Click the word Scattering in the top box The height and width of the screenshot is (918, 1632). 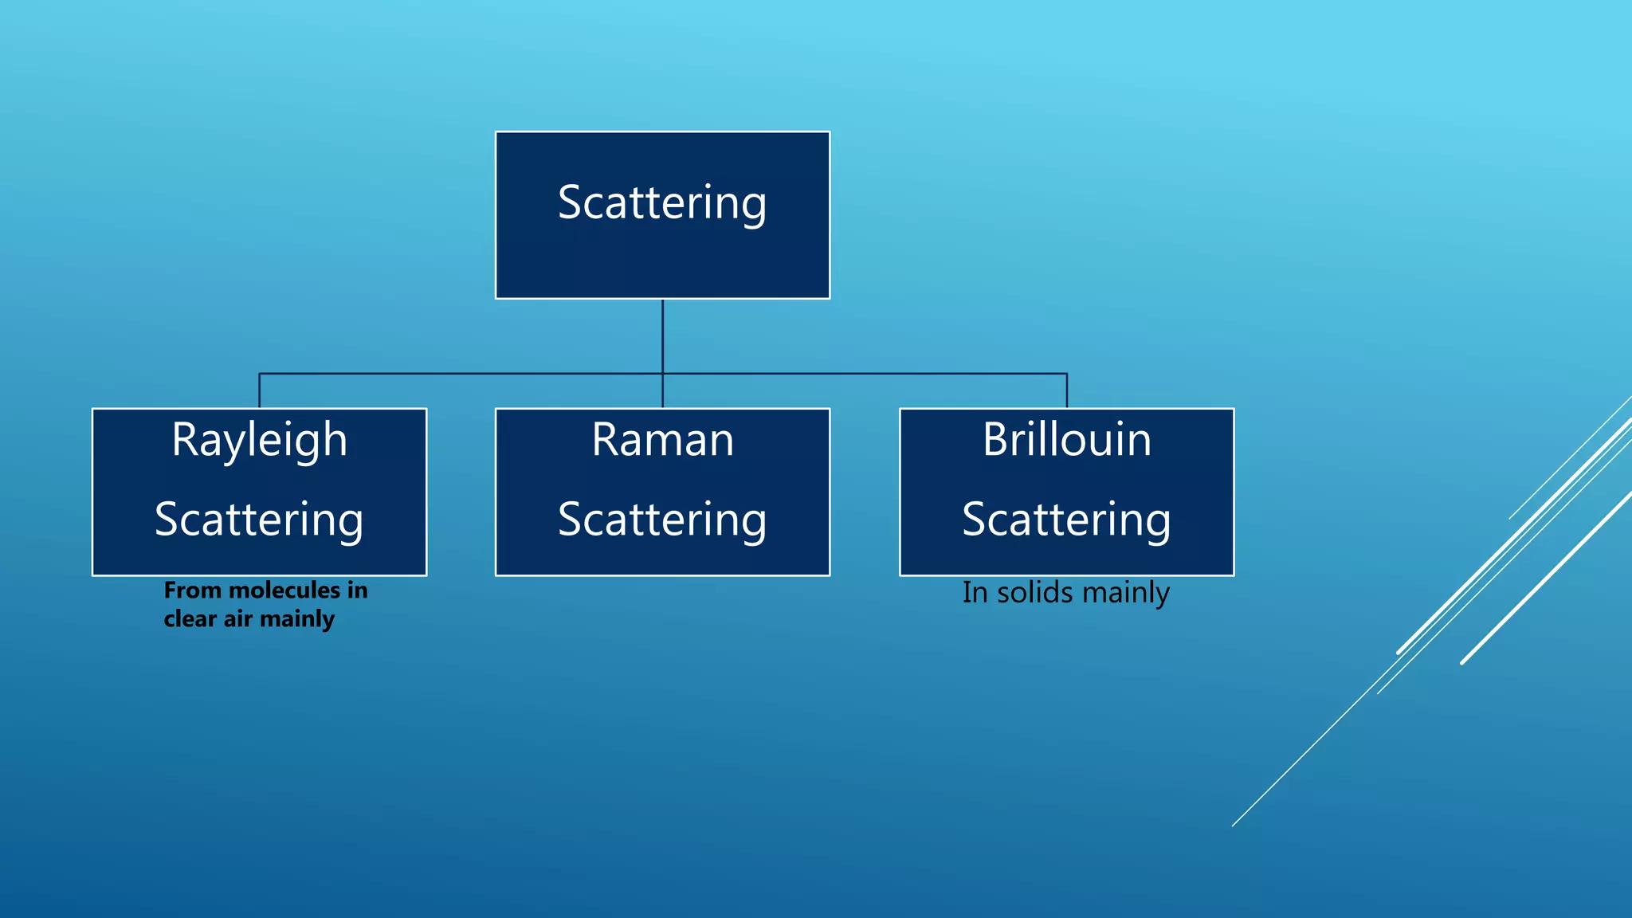(661, 203)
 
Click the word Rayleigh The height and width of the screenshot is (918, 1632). (259, 440)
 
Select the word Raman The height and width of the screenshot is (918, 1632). (662, 440)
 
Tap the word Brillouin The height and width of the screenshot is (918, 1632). (1066, 440)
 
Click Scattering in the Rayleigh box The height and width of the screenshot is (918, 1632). (259, 520)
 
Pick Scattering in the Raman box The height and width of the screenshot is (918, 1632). (662, 520)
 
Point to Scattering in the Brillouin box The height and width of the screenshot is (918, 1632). (1066, 520)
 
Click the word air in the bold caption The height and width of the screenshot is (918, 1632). (237, 619)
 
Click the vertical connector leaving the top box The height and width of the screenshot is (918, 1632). (662, 335)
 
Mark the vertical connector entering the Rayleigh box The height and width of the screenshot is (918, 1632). (259, 390)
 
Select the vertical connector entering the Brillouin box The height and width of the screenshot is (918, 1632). (1066, 390)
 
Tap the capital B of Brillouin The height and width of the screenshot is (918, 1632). (996, 440)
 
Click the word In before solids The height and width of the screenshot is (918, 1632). (975, 593)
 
